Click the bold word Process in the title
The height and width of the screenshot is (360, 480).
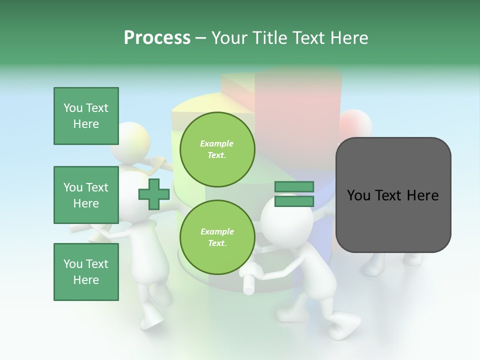157,37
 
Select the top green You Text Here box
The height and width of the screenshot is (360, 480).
86,116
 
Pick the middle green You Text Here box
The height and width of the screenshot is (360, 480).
86,195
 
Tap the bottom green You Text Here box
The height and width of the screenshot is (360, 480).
86,272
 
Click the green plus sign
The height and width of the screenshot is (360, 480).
154,194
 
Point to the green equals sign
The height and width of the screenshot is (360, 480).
294,194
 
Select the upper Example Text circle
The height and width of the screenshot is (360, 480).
217,149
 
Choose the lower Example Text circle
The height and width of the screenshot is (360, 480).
217,237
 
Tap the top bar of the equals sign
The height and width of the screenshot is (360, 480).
294,187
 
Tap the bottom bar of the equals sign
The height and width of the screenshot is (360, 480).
294,201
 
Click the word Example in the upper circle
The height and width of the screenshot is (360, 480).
217,143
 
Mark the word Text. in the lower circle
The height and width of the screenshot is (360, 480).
217,243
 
